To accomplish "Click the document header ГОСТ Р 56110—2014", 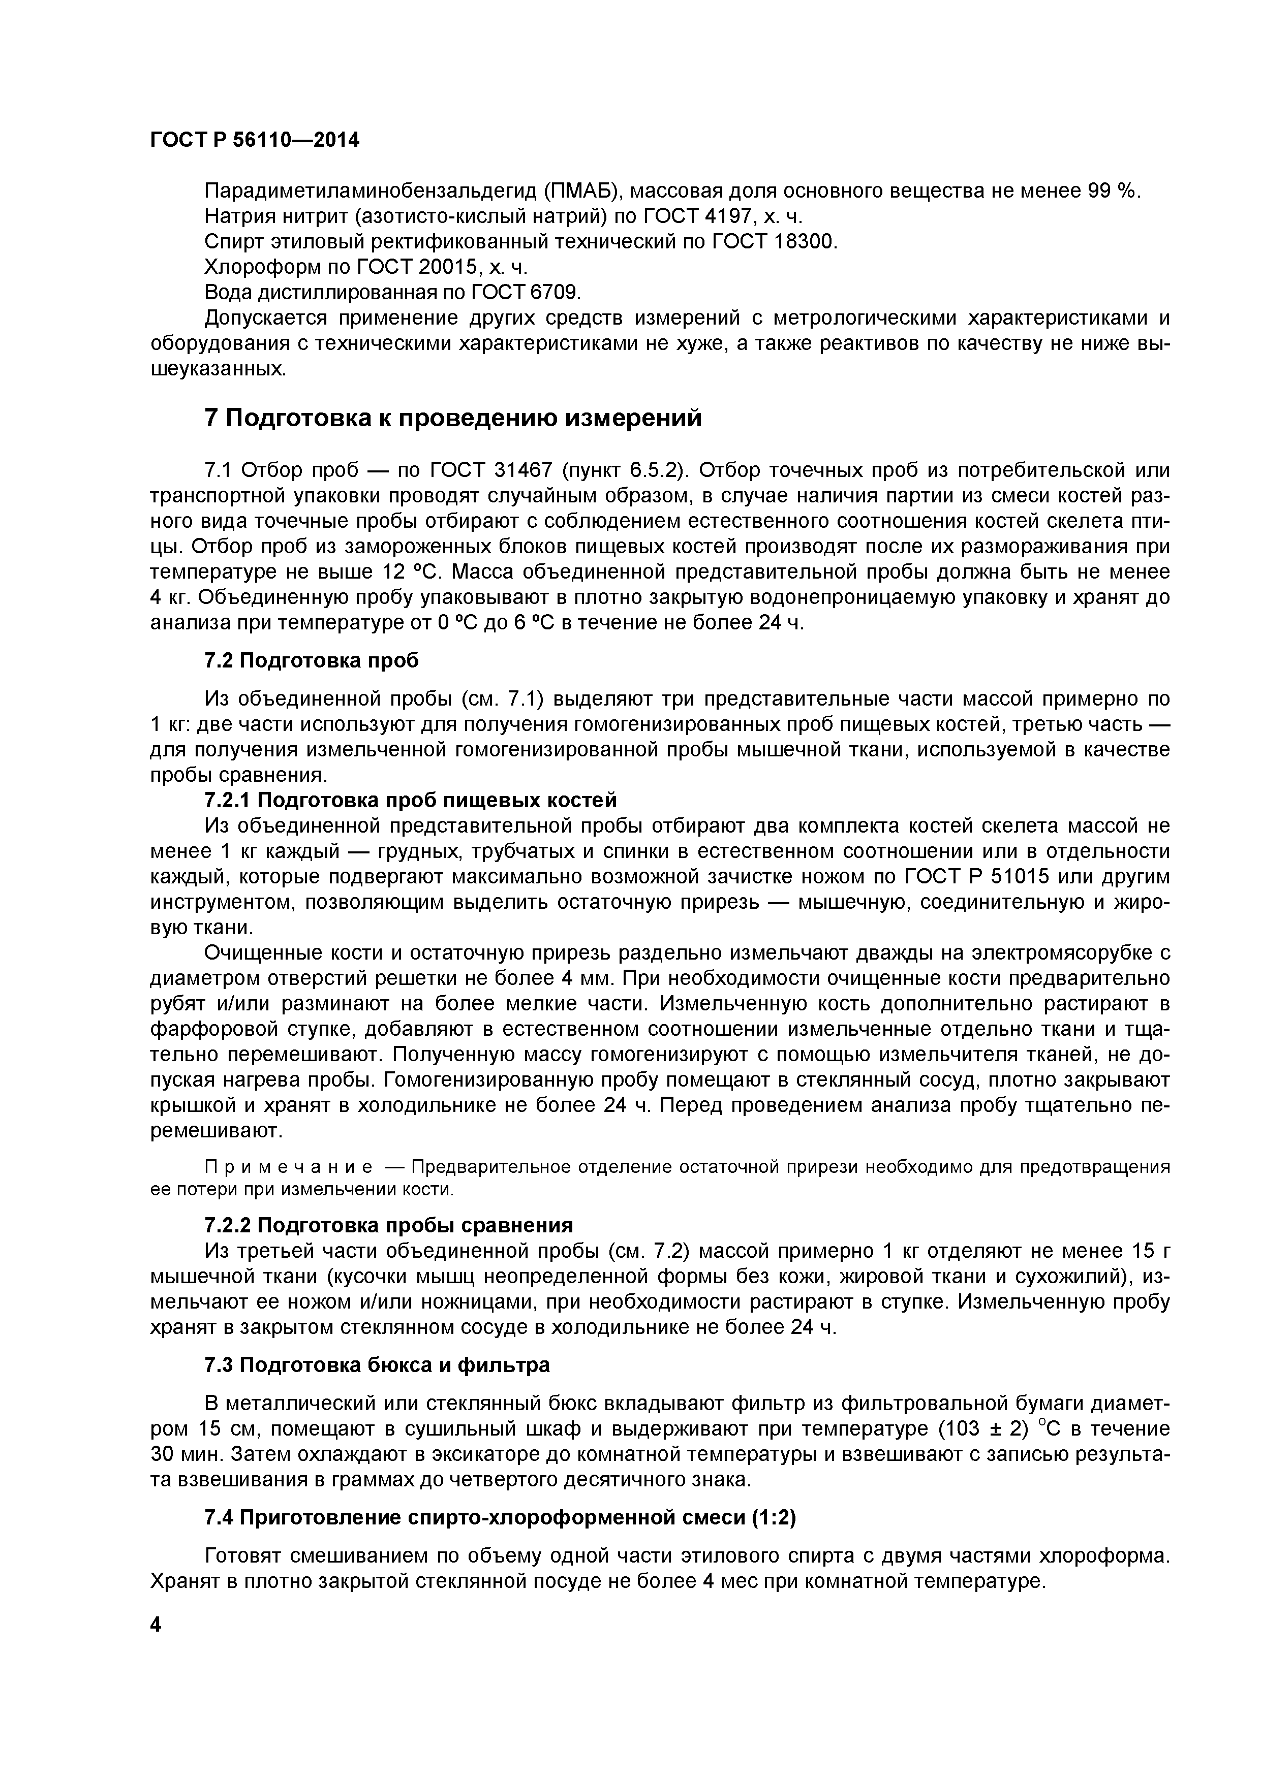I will (255, 141).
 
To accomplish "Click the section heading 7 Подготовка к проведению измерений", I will (453, 419).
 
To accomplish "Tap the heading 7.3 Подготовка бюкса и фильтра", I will (377, 1365).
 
